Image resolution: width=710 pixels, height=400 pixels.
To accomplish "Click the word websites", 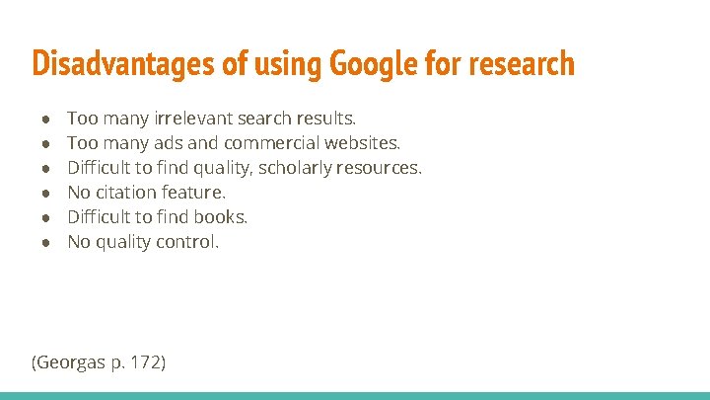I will [x=362, y=143].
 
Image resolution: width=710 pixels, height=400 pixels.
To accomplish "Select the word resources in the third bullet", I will [x=379, y=168].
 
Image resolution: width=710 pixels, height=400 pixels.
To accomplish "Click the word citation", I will [x=126, y=193].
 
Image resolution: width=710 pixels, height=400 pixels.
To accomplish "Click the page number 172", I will [x=143, y=362].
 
